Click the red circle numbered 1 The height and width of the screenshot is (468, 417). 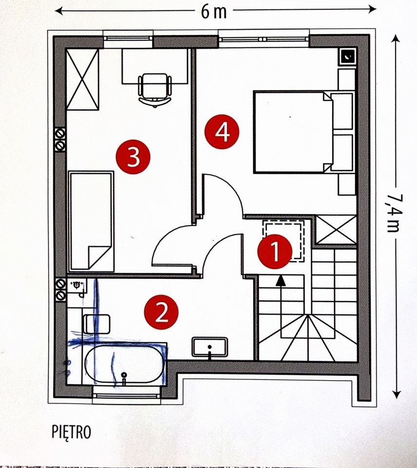[275, 252]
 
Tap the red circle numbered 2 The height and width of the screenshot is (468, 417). [161, 312]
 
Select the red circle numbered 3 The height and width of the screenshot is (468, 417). [133, 157]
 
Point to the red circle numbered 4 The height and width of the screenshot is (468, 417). [221, 132]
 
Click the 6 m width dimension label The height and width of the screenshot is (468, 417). [213, 12]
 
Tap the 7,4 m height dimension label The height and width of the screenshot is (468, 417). [395, 213]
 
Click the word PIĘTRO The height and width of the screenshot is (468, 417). [71, 432]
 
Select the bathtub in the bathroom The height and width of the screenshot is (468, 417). [124, 365]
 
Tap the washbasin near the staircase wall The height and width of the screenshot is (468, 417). [210, 347]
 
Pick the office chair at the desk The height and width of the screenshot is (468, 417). [155, 90]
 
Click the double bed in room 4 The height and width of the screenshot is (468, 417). [303, 132]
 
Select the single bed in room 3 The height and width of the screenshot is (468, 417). [91, 221]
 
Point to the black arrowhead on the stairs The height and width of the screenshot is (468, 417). [280, 281]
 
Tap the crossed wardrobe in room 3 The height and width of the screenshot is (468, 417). [82, 79]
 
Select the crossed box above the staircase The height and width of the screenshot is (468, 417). [336, 230]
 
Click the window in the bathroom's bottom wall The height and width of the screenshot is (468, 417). [127, 395]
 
